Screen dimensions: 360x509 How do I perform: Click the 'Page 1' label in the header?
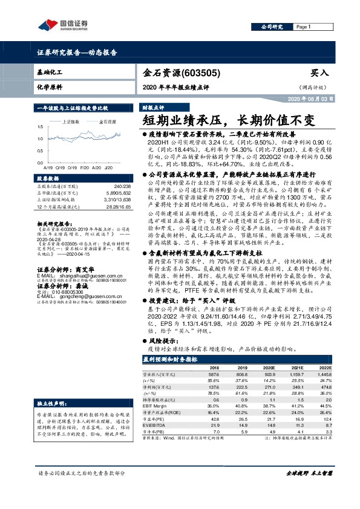tap(303, 27)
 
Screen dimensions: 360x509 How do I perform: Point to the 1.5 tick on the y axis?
tap(40, 126)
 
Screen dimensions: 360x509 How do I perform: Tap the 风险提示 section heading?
tap(166, 340)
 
